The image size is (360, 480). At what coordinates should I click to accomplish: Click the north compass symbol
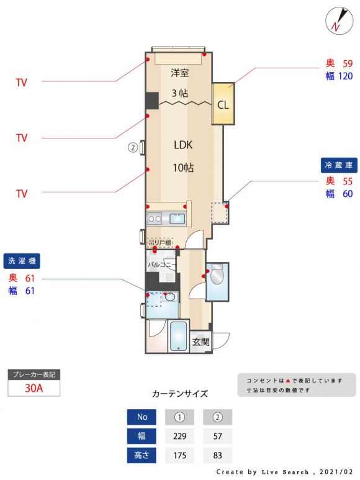click(x=339, y=20)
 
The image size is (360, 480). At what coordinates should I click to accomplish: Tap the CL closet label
click(x=223, y=105)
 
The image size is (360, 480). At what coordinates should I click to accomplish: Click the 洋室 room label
click(x=179, y=73)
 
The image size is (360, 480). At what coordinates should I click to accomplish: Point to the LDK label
click(x=183, y=145)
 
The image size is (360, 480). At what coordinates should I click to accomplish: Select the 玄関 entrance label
click(x=200, y=342)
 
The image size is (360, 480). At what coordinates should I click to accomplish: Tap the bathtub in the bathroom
click(x=178, y=336)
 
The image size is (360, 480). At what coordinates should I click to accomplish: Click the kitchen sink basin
click(x=178, y=219)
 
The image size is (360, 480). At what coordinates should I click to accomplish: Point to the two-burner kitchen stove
click(x=155, y=219)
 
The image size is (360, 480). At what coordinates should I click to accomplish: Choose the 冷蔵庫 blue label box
click(x=339, y=165)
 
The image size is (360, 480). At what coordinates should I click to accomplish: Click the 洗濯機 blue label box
click(x=22, y=261)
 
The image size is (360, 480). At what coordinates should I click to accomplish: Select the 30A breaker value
click(x=34, y=388)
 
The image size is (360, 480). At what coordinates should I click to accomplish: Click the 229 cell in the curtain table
click(x=179, y=436)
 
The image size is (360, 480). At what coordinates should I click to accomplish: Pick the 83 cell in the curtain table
click(x=217, y=455)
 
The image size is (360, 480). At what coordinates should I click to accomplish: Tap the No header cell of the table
click(x=142, y=417)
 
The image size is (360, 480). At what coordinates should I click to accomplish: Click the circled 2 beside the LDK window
click(x=132, y=148)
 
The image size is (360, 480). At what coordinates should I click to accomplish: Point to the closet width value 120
click(x=345, y=76)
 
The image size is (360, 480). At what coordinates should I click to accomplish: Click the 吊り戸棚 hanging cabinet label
click(x=160, y=243)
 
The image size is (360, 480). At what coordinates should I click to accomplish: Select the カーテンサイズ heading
click(x=180, y=394)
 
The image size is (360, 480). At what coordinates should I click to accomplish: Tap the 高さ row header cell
click(x=142, y=455)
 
